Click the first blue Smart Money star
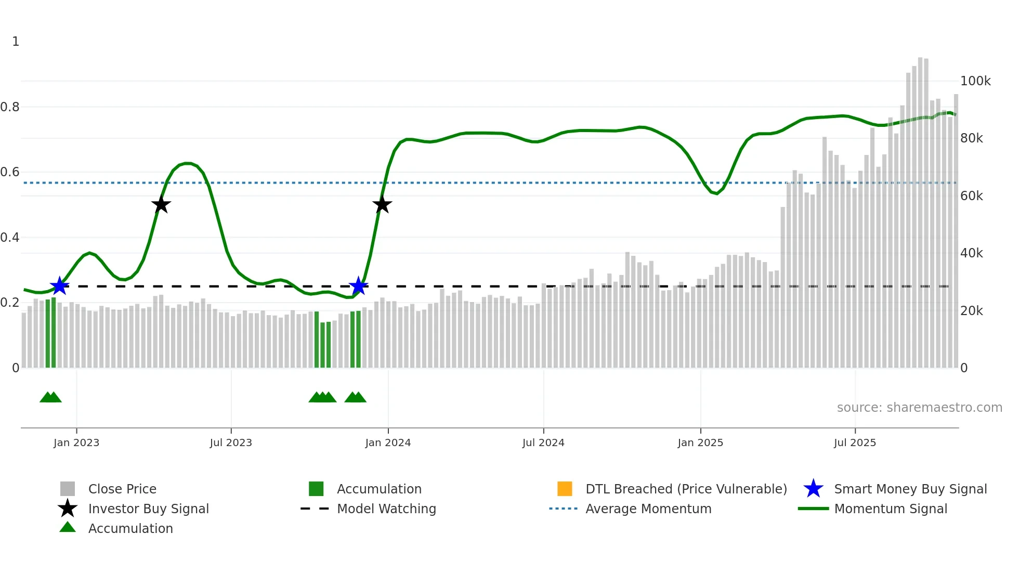pos(60,285)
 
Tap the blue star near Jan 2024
pos(358,286)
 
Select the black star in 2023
pos(161,204)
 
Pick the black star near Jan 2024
pos(382,204)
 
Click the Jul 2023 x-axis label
pos(231,442)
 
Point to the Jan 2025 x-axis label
pos(700,442)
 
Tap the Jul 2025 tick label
pos(855,442)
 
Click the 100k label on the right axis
pos(975,81)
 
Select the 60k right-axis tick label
pos(972,196)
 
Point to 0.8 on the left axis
pos(10,107)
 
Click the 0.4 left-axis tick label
pos(10,238)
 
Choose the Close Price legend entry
pos(122,489)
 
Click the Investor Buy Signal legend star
pos(68,509)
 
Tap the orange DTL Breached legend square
pos(565,489)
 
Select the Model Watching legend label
pos(386,509)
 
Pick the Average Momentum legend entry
pos(648,509)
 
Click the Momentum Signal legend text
pos(891,509)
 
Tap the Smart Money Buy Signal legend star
pos(813,489)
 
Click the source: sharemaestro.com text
pos(919,408)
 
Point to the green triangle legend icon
pos(68,527)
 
